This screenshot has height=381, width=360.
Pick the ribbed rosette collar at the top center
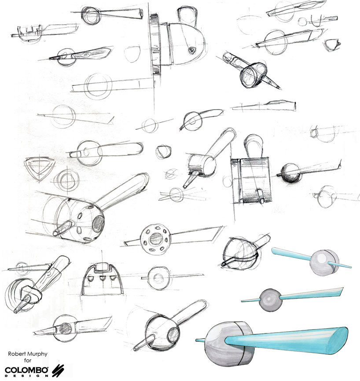(x=155, y=44)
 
